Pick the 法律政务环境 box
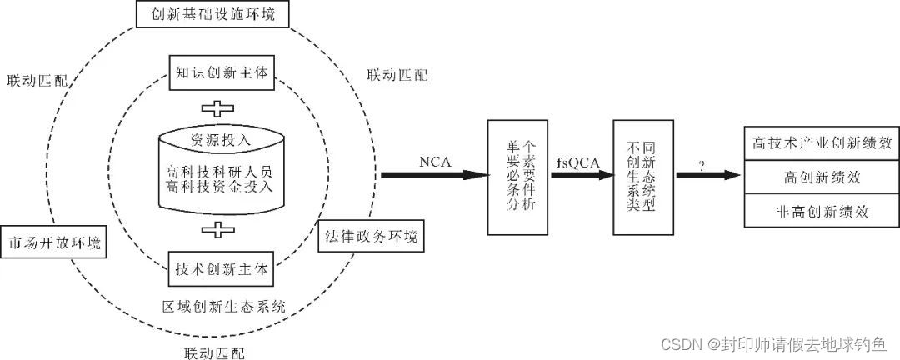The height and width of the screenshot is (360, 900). (x=370, y=236)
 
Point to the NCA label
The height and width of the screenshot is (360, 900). (x=434, y=162)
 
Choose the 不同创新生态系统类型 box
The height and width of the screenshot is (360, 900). (x=642, y=175)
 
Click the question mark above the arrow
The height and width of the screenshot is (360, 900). (x=702, y=165)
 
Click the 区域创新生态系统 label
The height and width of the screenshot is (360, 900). (x=223, y=306)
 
